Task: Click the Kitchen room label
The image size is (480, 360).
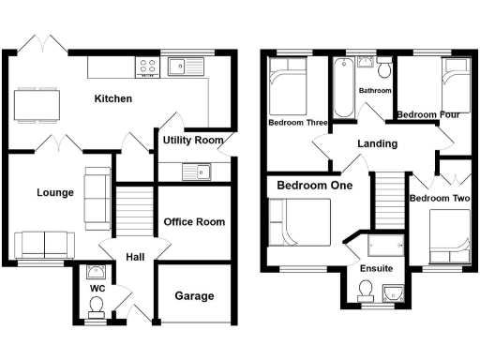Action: pyautogui.click(x=112, y=98)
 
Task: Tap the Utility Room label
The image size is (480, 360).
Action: pyautogui.click(x=193, y=140)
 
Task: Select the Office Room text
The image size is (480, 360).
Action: pyautogui.click(x=194, y=222)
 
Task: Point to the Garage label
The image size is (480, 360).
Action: pyautogui.click(x=194, y=296)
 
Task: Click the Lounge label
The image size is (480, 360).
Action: pyautogui.click(x=55, y=193)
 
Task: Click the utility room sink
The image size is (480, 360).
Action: pyautogui.click(x=197, y=172)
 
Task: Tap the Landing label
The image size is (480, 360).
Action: pyautogui.click(x=378, y=143)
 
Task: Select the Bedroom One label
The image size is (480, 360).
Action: pyautogui.click(x=314, y=186)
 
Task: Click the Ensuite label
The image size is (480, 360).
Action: pyautogui.click(x=377, y=269)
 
